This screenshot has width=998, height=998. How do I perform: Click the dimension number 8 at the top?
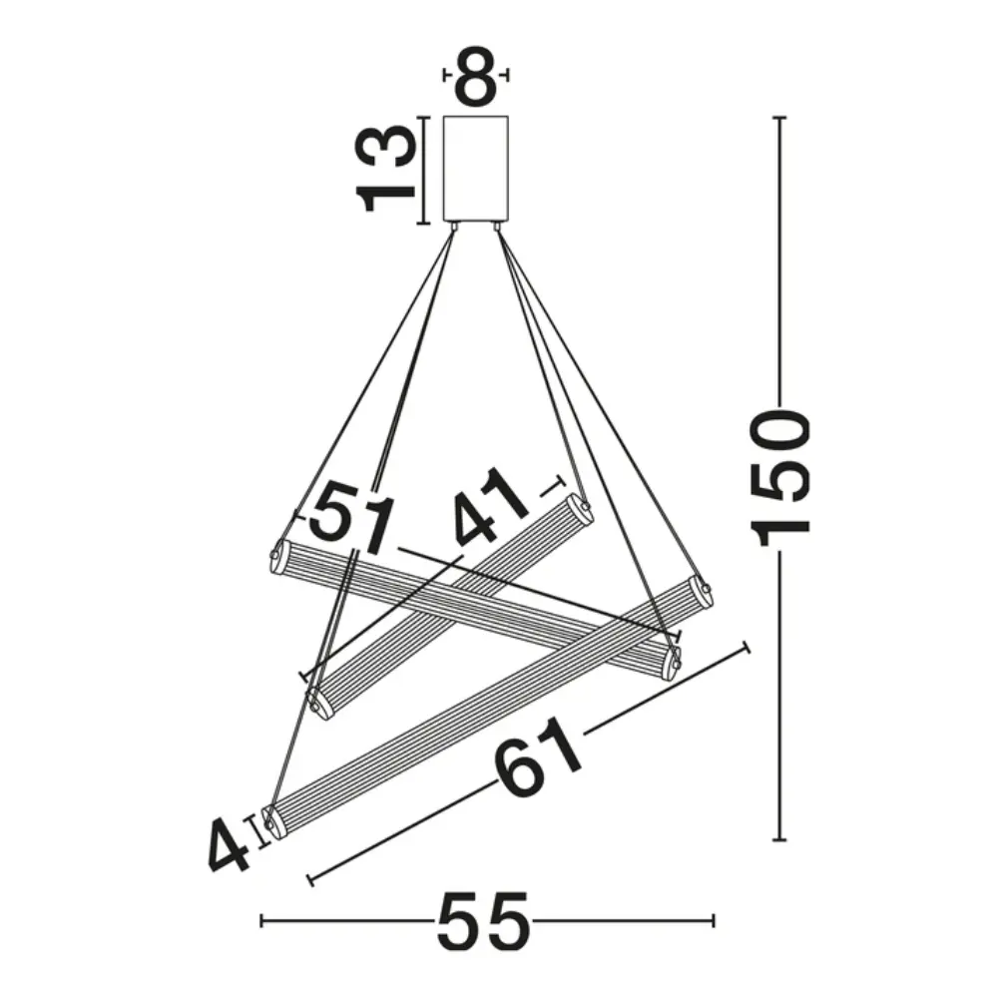tap(476, 76)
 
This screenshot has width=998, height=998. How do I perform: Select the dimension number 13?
tap(386, 168)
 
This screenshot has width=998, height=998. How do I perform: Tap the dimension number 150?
tap(780, 479)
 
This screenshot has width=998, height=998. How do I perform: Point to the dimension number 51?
tap(352, 516)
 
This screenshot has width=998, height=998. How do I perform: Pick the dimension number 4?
tap(228, 844)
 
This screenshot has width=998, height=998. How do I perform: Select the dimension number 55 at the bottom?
tap(482, 921)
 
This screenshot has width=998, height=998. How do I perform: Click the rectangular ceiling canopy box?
tap(476, 168)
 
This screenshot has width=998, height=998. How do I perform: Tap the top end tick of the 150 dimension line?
tap(779, 118)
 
